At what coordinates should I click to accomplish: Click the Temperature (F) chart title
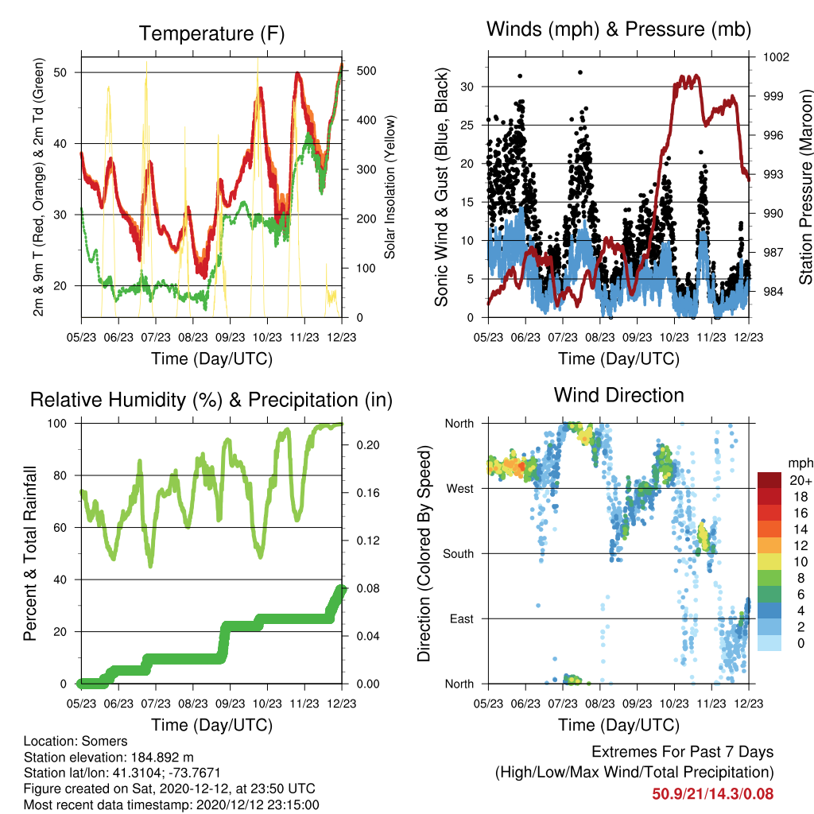click(x=211, y=33)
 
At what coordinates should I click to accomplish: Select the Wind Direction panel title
click(x=618, y=395)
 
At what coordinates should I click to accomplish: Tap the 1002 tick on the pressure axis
click(x=776, y=56)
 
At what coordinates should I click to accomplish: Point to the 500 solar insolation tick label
click(x=366, y=71)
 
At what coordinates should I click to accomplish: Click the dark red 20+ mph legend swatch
click(x=769, y=480)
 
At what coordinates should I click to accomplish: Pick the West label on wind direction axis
click(x=459, y=489)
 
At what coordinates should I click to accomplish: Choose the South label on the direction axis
click(x=458, y=554)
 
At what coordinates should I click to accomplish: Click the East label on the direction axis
click(x=462, y=618)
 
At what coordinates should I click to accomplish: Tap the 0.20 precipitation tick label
click(x=368, y=445)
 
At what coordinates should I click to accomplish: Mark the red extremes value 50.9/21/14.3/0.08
click(x=713, y=794)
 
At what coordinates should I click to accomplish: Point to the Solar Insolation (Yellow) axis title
click(x=390, y=187)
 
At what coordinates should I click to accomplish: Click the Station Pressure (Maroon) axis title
click(x=805, y=187)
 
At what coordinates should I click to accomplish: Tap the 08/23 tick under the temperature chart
click(x=193, y=337)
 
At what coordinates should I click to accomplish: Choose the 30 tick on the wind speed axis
click(x=467, y=87)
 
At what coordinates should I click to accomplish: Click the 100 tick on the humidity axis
click(x=57, y=423)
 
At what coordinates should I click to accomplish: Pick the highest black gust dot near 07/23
click(x=580, y=72)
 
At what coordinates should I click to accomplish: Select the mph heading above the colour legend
click(x=800, y=463)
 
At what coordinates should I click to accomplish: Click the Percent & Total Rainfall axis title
click(x=30, y=553)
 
